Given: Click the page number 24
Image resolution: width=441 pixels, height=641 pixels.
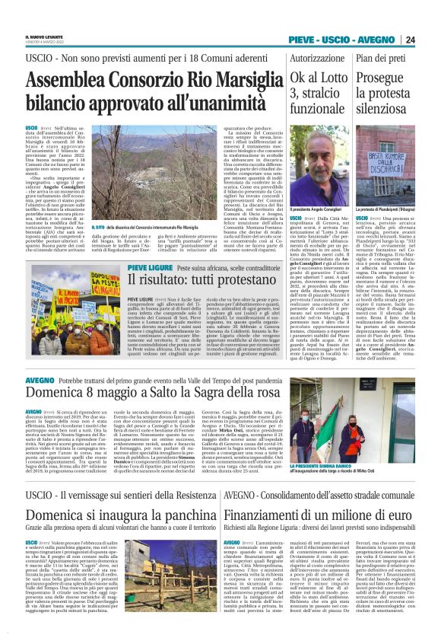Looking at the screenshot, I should (x=431, y=40).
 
